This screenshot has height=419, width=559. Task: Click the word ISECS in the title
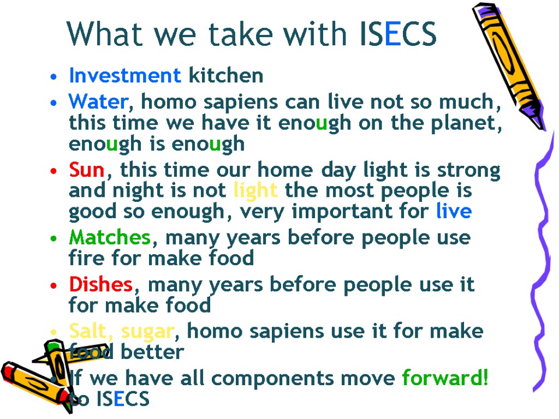tap(399, 34)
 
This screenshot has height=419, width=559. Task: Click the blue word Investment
tap(125, 76)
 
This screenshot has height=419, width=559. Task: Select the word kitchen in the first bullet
tap(225, 76)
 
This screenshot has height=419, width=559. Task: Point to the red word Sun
tap(86, 170)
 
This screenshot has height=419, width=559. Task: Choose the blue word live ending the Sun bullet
tap(454, 211)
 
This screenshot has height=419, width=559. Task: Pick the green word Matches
tap(109, 238)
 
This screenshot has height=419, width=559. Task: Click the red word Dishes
tap(100, 284)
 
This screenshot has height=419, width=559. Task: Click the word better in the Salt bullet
tap(152, 352)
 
